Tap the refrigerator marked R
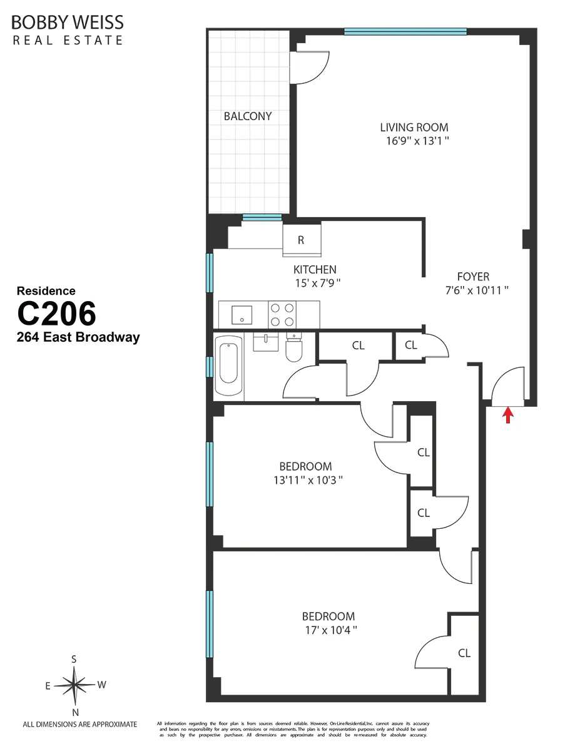click(301, 240)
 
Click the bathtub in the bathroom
click(229, 367)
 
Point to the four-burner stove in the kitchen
click(282, 314)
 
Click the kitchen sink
click(242, 314)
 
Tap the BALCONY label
click(248, 116)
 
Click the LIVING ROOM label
click(414, 128)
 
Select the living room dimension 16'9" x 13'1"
click(417, 141)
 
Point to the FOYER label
click(473, 277)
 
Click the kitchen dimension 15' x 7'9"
click(318, 284)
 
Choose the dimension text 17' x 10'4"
click(328, 630)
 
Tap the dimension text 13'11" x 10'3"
click(305, 480)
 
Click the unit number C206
click(56, 314)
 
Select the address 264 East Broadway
click(78, 338)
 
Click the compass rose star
click(74, 685)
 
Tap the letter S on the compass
click(74, 659)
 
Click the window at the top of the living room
click(405, 31)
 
